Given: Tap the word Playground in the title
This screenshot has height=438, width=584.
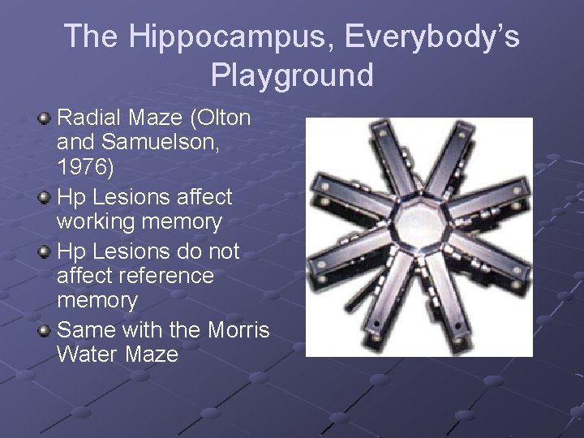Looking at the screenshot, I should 292,75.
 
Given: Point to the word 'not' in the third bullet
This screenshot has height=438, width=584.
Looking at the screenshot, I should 220,251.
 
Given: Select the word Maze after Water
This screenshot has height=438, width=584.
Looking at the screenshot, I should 153,354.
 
